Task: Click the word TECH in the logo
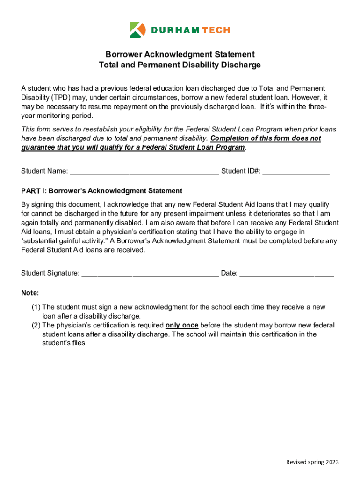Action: point(216,30)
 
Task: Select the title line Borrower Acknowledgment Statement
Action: point(180,55)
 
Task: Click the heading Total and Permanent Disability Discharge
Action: point(180,65)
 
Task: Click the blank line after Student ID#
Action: point(296,171)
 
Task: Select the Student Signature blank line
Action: point(150,273)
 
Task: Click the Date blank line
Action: point(287,273)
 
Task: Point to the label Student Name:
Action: point(44,171)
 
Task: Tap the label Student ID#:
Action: point(241,171)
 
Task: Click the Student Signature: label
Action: point(50,273)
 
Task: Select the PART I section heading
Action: point(101,191)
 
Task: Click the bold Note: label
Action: point(30,293)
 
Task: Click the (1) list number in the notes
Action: point(36,307)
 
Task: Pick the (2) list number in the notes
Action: point(36,325)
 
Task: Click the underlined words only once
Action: point(182,325)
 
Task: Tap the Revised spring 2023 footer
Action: point(312,462)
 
